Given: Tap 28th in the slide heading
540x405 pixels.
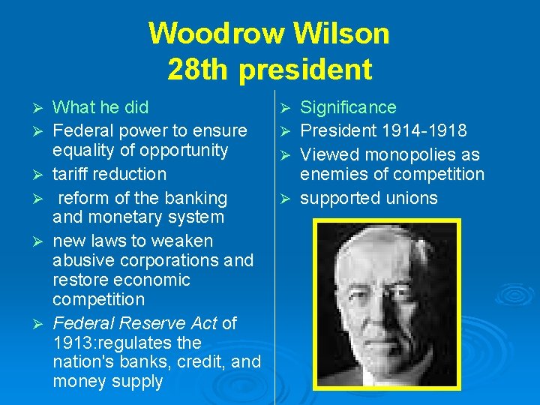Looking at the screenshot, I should [x=199, y=69].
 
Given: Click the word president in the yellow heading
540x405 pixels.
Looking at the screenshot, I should [x=306, y=69].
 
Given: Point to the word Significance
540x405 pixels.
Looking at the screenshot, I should [x=348, y=107].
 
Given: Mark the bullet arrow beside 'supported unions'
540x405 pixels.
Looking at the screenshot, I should [x=285, y=199].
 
